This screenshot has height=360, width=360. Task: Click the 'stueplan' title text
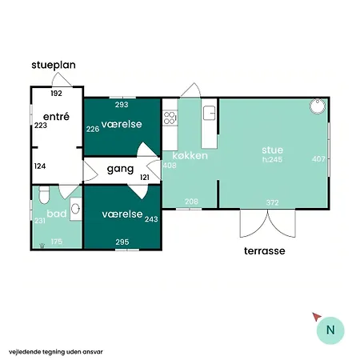[x=54, y=65]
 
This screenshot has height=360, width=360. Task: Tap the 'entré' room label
[x=55, y=116]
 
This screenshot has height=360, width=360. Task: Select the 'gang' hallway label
[x=119, y=170]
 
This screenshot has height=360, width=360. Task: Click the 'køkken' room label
[x=189, y=155]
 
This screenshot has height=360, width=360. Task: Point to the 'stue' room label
[x=272, y=149]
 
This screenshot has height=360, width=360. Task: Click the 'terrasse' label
[x=265, y=250]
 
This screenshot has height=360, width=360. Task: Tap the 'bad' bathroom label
[x=55, y=214]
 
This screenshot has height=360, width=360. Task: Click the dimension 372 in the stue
[x=272, y=202]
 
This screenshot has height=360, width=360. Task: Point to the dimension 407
[x=318, y=158]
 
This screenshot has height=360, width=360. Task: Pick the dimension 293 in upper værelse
[x=122, y=105]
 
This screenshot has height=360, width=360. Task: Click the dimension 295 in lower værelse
[x=122, y=242]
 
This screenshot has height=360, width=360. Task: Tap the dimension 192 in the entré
[x=56, y=94]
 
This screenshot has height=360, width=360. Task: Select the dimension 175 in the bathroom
[x=57, y=242]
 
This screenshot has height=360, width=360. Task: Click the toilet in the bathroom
[x=45, y=194]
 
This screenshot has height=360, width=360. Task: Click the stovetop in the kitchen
[x=170, y=118]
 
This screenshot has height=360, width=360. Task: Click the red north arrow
[x=317, y=317]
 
